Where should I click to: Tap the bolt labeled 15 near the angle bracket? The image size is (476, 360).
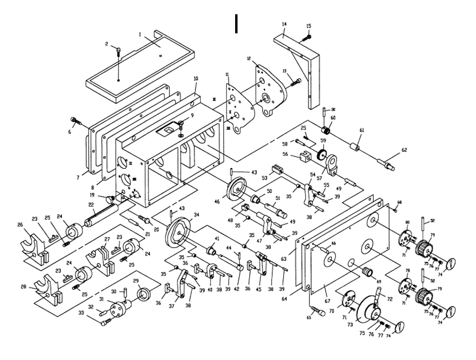309,37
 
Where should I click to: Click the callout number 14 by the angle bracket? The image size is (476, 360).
285,23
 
